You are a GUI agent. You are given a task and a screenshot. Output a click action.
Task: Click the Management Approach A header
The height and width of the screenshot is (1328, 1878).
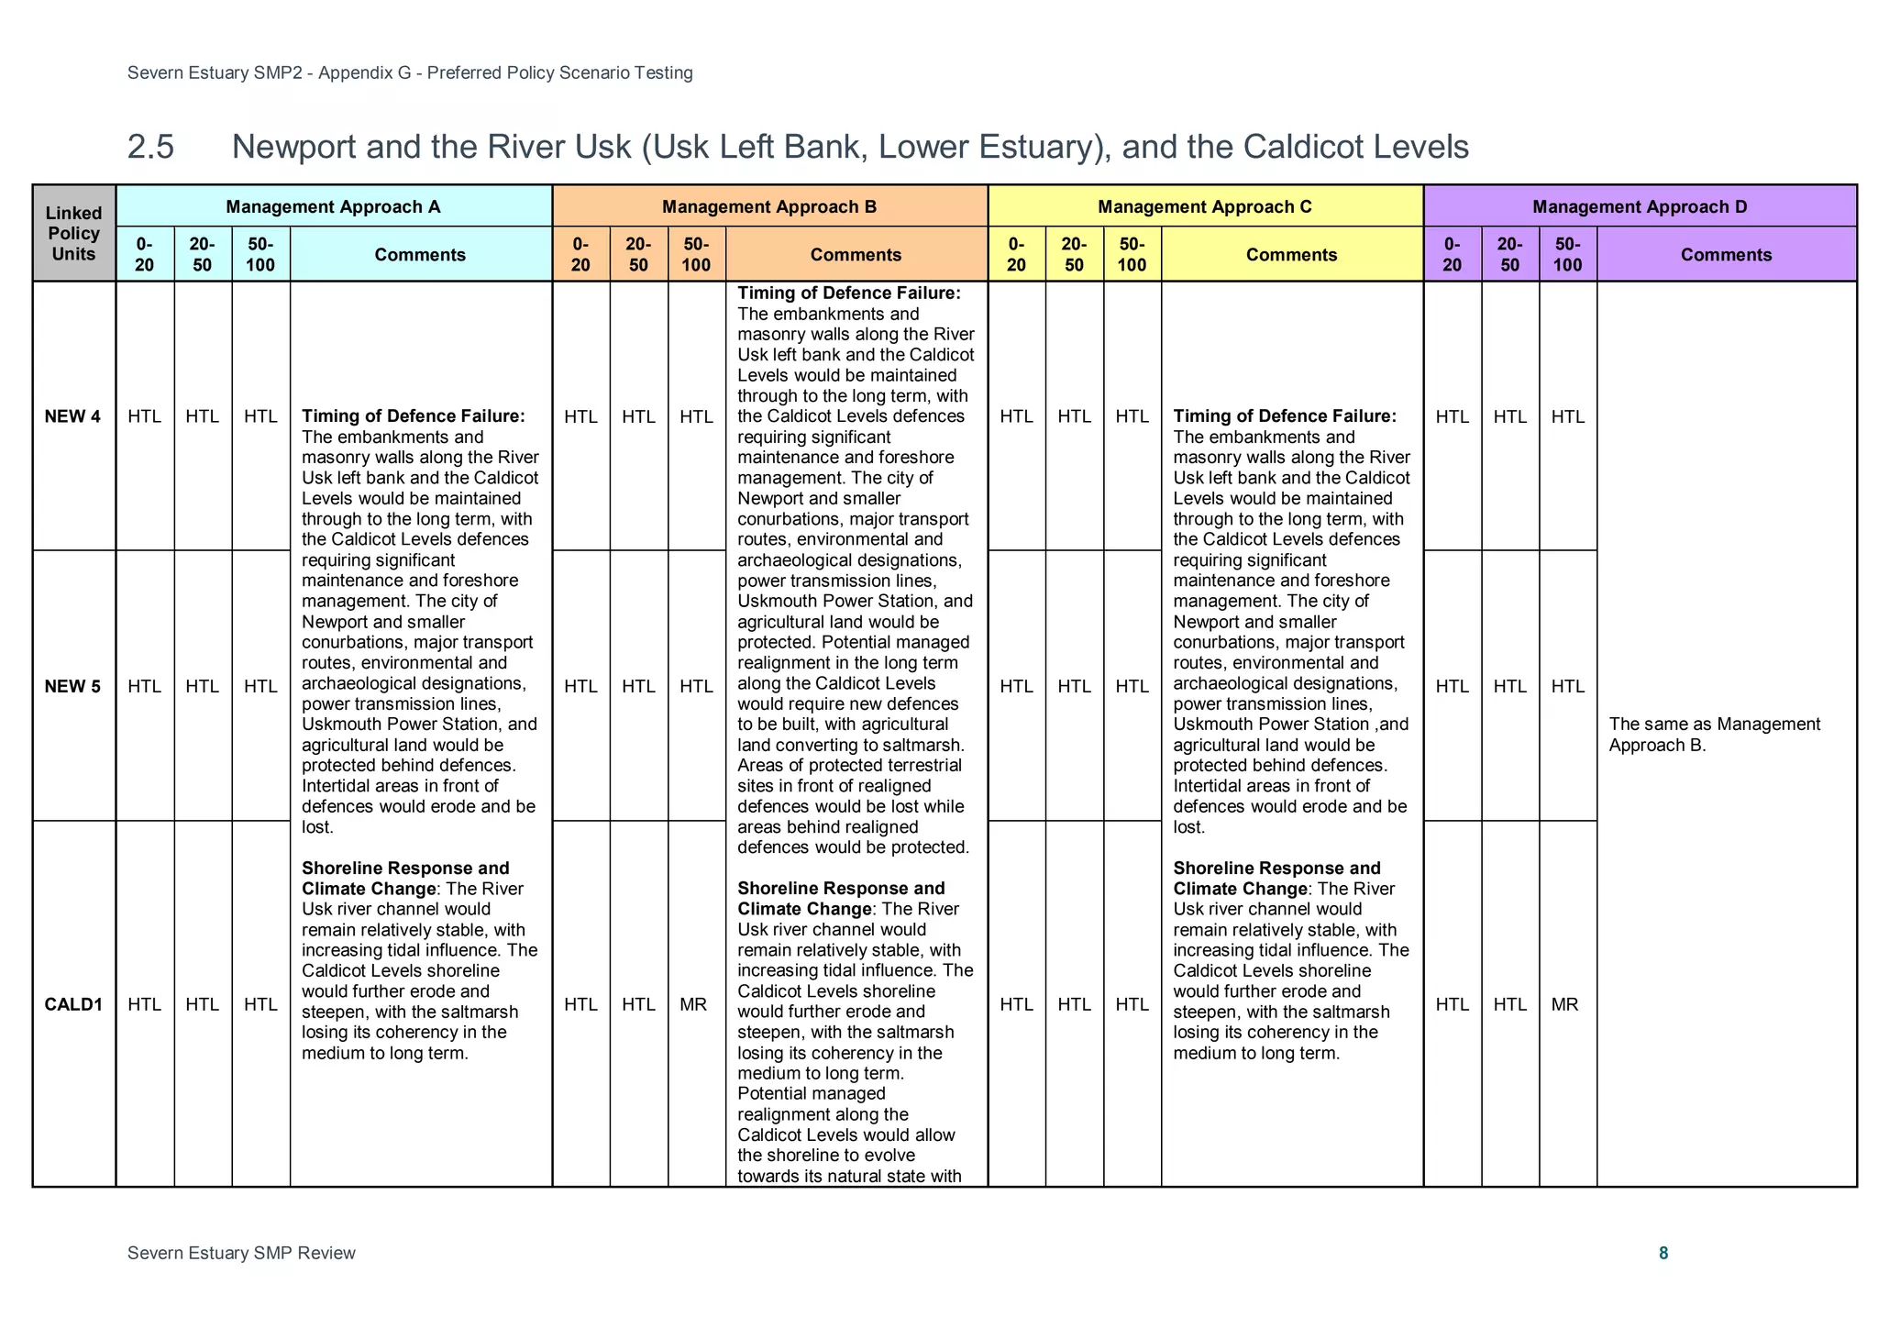coord(333,207)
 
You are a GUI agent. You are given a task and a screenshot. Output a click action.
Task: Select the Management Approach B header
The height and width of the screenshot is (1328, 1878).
coord(768,207)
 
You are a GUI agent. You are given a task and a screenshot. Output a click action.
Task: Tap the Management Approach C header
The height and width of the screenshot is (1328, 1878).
coord(1204,207)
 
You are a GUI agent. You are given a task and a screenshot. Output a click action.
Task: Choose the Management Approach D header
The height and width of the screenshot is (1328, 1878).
coord(1639,207)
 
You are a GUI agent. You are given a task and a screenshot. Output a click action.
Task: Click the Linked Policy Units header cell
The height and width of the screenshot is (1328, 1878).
coord(73,233)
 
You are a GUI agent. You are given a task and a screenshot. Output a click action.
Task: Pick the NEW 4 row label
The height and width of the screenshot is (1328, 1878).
coord(72,417)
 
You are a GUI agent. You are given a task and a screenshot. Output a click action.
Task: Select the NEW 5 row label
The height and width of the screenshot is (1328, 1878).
coord(72,687)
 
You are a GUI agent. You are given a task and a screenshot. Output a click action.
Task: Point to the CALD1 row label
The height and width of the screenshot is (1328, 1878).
coord(73,1004)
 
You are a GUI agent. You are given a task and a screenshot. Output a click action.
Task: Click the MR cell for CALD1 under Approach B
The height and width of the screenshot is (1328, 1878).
coord(693,1004)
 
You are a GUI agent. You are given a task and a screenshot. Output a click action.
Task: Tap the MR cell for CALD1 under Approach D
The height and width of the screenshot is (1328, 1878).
coord(1564,1004)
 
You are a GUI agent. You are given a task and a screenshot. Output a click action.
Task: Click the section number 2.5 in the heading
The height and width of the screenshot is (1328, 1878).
coord(150,147)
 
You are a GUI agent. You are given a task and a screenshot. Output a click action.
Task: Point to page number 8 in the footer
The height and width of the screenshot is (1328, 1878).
coord(1663,1254)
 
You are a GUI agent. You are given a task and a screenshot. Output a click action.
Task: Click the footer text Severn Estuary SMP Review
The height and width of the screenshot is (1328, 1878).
coord(241,1254)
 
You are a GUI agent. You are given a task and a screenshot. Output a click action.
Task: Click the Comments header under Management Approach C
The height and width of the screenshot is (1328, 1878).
coord(1291,255)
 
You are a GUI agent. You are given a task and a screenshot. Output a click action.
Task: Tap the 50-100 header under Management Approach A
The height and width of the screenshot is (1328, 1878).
coord(260,255)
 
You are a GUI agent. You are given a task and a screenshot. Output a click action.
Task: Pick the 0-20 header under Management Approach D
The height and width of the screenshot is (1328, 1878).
coord(1452,255)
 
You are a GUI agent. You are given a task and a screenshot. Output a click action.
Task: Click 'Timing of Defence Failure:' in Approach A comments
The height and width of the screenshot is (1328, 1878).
coord(413,417)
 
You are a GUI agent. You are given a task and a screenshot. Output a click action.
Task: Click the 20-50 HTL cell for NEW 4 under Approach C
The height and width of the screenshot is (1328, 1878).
coord(1074,417)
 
